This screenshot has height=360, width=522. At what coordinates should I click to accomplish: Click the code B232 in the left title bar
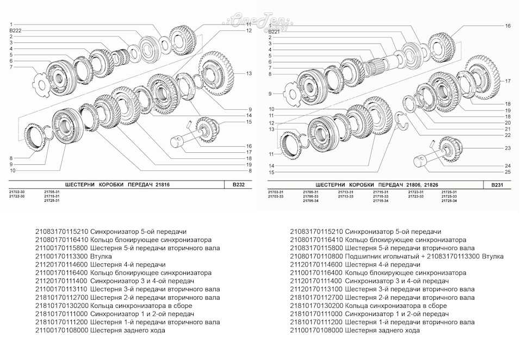(x=238, y=185)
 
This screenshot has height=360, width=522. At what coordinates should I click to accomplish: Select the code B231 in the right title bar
(x=497, y=185)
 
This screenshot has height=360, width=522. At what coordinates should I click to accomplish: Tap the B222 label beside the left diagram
(x=16, y=31)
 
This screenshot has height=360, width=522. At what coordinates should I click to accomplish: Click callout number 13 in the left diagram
(x=248, y=73)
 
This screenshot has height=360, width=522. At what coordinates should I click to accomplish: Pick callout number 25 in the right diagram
(x=507, y=172)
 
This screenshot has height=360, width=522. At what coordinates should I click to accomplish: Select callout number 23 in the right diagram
(x=507, y=148)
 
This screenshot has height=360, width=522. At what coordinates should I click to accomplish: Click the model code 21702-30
(x=17, y=192)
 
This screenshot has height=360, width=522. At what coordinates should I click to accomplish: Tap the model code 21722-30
(x=17, y=196)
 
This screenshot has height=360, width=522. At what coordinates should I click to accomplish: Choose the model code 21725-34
(x=449, y=201)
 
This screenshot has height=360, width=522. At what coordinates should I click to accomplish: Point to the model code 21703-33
(x=276, y=196)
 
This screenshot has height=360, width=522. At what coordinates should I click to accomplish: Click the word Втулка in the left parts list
(x=101, y=256)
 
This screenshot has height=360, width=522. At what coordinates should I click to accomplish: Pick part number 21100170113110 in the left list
(x=61, y=289)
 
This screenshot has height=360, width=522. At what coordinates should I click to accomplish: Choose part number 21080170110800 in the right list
(x=316, y=256)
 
